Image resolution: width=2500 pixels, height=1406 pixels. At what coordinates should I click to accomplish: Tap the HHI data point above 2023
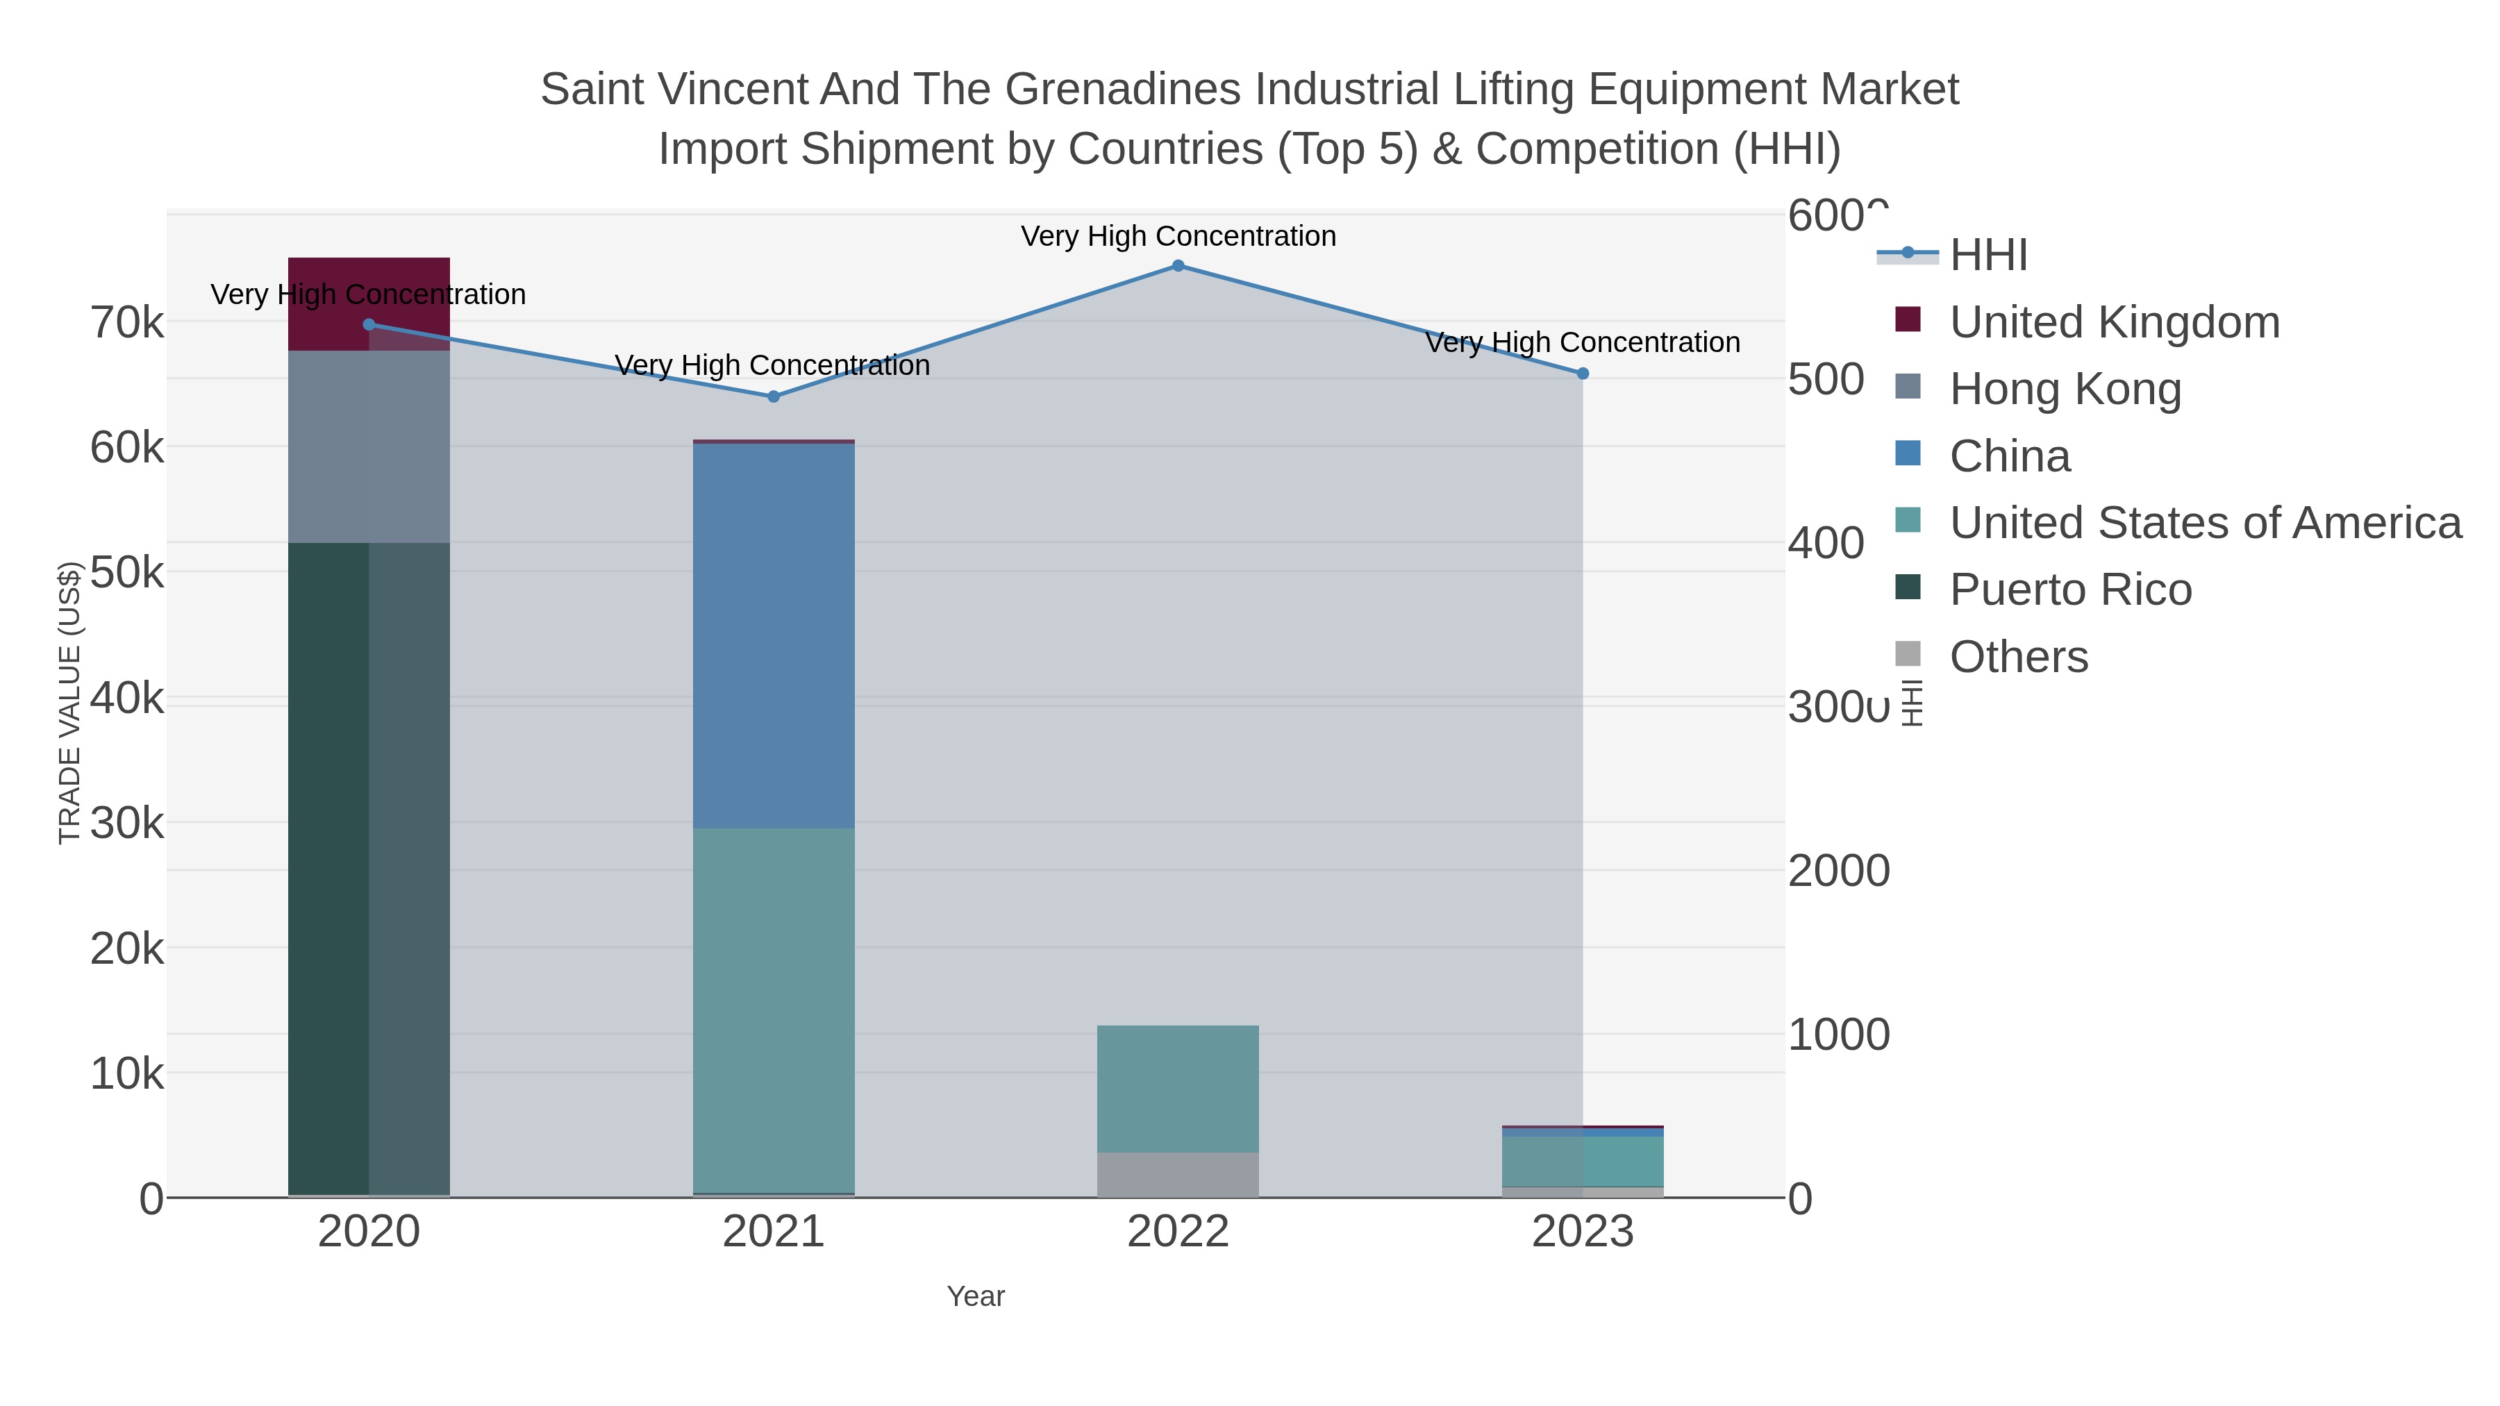point(1582,374)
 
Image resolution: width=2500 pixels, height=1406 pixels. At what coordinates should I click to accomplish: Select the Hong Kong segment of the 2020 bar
point(369,446)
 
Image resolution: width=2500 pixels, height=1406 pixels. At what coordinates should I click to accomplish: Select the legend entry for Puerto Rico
point(2069,590)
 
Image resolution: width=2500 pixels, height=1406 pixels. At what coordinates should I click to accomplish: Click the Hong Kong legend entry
point(2065,389)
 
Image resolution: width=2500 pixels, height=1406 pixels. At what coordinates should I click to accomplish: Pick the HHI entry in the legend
point(1987,256)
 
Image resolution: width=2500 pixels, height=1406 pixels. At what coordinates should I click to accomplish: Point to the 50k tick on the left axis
point(127,573)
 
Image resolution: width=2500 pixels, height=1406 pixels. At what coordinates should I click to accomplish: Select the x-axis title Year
point(976,1296)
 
